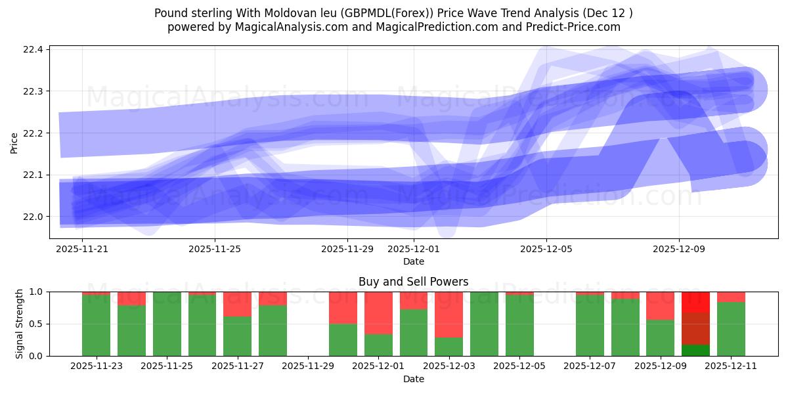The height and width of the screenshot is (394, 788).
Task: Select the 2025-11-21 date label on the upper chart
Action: point(82,250)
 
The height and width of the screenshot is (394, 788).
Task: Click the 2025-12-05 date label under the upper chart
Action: point(546,250)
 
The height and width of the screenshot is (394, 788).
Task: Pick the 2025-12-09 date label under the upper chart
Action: point(679,250)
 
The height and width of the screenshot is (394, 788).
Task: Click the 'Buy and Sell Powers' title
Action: point(413,282)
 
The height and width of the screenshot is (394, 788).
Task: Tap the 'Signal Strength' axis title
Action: point(19,324)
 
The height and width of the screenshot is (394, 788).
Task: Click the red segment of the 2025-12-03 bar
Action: point(449,314)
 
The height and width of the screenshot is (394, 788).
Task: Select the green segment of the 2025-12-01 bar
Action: point(378,345)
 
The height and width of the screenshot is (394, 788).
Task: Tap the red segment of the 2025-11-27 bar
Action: point(237,304)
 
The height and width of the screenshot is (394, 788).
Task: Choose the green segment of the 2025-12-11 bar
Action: point(731,329)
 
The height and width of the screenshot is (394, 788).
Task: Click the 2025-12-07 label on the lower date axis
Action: point(590,366)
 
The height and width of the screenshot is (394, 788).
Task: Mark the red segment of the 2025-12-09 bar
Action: point(660,305)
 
